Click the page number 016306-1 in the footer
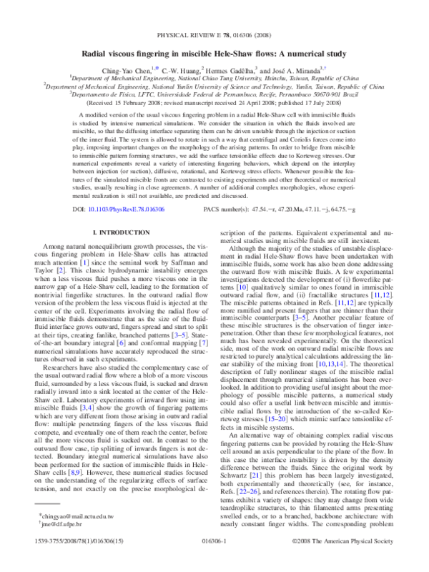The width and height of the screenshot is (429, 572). coord(214,562)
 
